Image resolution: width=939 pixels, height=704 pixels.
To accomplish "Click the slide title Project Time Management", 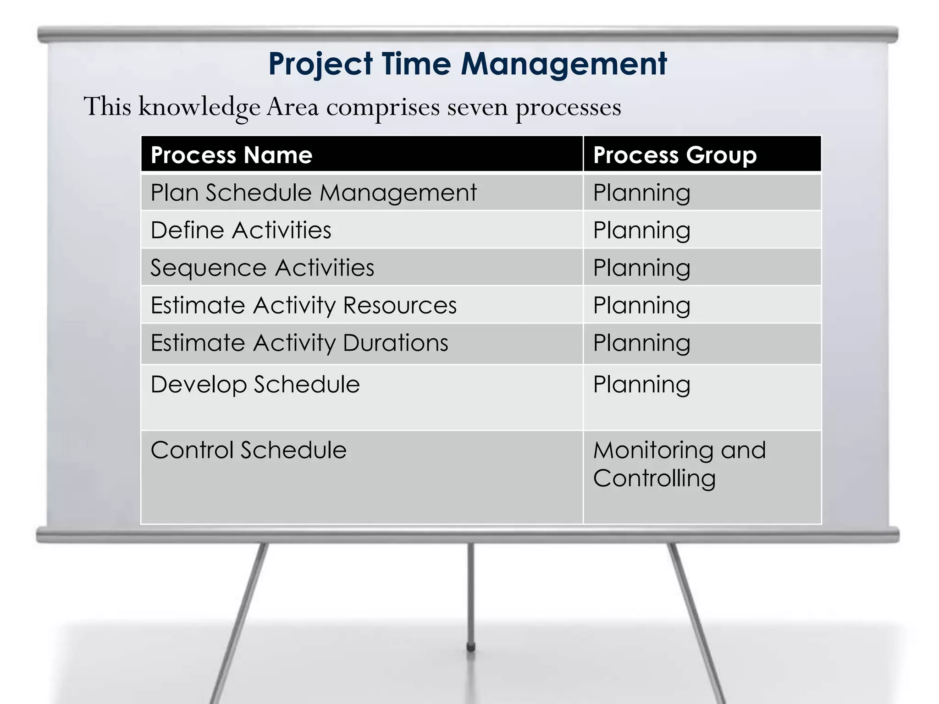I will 467,64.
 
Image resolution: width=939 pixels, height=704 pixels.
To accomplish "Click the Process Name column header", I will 232,155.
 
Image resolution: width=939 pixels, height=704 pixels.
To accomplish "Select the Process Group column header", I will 674,155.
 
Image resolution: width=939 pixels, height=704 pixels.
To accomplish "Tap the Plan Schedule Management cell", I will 314,192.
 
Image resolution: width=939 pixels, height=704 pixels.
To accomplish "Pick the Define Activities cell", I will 241,230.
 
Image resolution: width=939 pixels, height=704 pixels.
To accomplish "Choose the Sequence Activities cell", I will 262,268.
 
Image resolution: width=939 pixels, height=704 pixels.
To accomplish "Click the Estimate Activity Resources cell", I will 304,305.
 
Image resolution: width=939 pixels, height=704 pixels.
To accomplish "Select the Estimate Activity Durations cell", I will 299,343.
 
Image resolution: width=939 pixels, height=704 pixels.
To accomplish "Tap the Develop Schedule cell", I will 255,384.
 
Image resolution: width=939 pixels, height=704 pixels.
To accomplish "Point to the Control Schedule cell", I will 249,450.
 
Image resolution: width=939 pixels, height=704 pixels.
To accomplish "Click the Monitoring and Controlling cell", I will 679,464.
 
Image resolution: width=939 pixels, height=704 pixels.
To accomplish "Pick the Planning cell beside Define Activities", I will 641,230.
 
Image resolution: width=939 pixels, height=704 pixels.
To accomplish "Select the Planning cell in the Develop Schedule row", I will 641,384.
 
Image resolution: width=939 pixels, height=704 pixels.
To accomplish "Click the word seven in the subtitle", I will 477,107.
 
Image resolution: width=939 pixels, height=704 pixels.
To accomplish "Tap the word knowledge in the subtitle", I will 199,107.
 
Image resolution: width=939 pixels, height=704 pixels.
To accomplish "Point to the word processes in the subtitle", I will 568,108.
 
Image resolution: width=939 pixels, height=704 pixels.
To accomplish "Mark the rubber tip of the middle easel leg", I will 470,647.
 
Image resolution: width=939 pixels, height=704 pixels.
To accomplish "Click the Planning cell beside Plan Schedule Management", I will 641,192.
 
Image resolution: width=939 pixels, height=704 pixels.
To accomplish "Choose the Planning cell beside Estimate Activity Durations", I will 641,343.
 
